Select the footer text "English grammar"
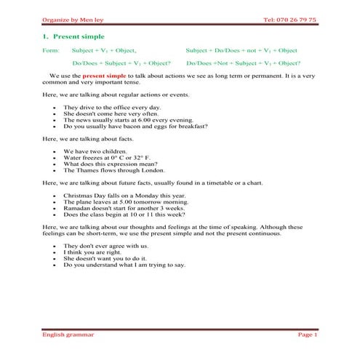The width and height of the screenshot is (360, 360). point(68,334)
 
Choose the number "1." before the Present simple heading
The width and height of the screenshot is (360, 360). point(45,36)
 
